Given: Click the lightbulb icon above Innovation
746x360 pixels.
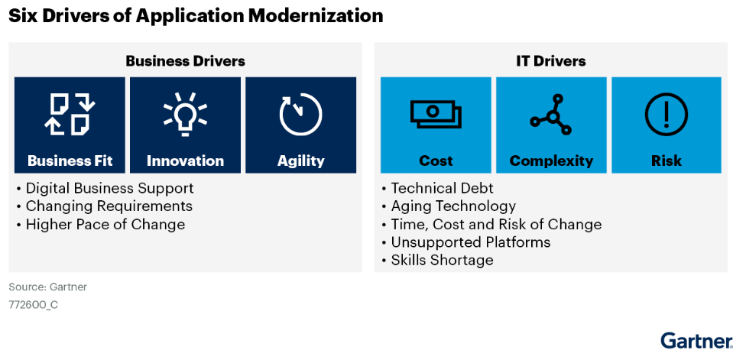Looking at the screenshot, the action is pos(185,114).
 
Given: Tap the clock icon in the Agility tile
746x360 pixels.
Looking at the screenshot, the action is pos(300,115).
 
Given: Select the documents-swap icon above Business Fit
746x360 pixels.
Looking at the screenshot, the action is pos(70,114).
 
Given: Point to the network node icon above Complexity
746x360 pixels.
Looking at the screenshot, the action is pos(551,115).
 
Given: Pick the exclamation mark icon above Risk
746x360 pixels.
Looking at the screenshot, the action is pos(667,115).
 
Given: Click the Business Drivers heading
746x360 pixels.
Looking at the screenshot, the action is pos(186,61).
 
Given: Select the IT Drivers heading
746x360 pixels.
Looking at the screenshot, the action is pos(551,61).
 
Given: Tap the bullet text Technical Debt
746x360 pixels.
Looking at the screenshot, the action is pos(442,188).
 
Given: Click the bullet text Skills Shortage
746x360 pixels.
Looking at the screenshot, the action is pos(442,260).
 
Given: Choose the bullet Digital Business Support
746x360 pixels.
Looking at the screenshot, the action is pos(110,188).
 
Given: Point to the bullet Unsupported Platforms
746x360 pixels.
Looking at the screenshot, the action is pos(471,242).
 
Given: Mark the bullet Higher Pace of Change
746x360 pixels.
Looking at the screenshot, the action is pos(105,224).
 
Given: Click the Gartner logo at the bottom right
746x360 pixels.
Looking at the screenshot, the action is pos(696,341).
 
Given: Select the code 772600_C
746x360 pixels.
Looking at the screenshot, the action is pos(34,305).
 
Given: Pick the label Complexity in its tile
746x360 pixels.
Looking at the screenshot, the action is pos(551,161).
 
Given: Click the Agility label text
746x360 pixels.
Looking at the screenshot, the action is pos(300,161).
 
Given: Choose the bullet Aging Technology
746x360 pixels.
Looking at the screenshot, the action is pos(453,206).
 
